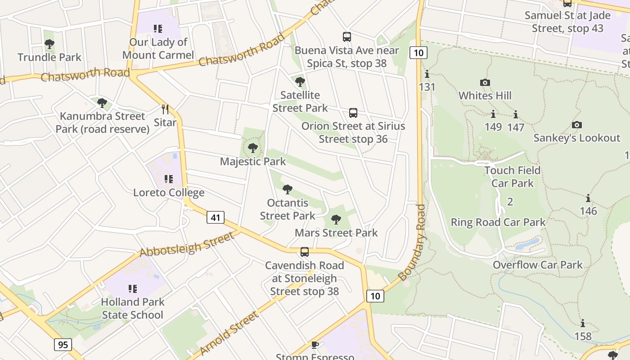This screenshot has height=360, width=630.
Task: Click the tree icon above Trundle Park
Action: click(x=49, y=44)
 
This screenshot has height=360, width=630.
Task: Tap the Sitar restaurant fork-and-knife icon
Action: click(x=165, y=109)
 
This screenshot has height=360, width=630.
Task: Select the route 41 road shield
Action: click(x=216, y=218)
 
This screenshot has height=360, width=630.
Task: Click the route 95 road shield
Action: click(x=63, y=345)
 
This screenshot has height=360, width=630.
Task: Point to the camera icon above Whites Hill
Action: click(x=485, y=82)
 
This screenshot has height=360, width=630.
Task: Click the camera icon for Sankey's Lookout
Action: click(x=576, y=125)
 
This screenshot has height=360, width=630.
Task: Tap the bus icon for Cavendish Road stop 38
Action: click(x=305, y=252)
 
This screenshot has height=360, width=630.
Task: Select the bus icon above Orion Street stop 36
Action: click(x=353, y=113)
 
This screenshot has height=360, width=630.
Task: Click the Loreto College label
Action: click(x=169, y=193)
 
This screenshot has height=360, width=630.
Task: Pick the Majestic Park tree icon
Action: click(x=253, y=148)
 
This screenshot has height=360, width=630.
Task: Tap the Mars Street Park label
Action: click(x=336, y=233)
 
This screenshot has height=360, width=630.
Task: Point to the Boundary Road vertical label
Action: click(x=412, y=243)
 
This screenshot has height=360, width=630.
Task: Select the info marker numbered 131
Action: click(x=427, y=74)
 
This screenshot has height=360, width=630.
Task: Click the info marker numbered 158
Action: click(x=583, y=324)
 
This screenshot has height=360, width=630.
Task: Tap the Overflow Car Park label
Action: click(x=538, y=265)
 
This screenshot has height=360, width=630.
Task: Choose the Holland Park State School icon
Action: click(x=132, y=288)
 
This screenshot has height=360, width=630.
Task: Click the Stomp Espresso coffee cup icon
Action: click(x=315, y=345)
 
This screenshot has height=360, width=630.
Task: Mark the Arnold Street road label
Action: click(x=229, y=333)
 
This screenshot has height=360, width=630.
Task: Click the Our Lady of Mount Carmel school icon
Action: click(x=157, y=29)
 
